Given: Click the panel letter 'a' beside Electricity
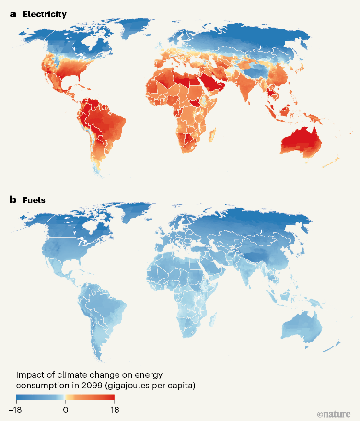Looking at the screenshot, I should [x=13, y=14].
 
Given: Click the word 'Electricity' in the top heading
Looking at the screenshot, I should [x=44, y=14].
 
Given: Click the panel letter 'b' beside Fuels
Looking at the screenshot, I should [x=13, y=200].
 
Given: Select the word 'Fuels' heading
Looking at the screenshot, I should [x=34, y=200].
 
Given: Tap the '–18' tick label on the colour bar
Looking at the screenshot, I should [x=16, y=410].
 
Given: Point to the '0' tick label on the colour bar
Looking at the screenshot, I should [x=65, y=410].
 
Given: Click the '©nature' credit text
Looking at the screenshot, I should [x=334, y=413].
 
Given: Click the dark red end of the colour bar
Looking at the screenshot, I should [x=111, y=398].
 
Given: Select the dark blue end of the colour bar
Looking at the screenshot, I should [x=20, y=398].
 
